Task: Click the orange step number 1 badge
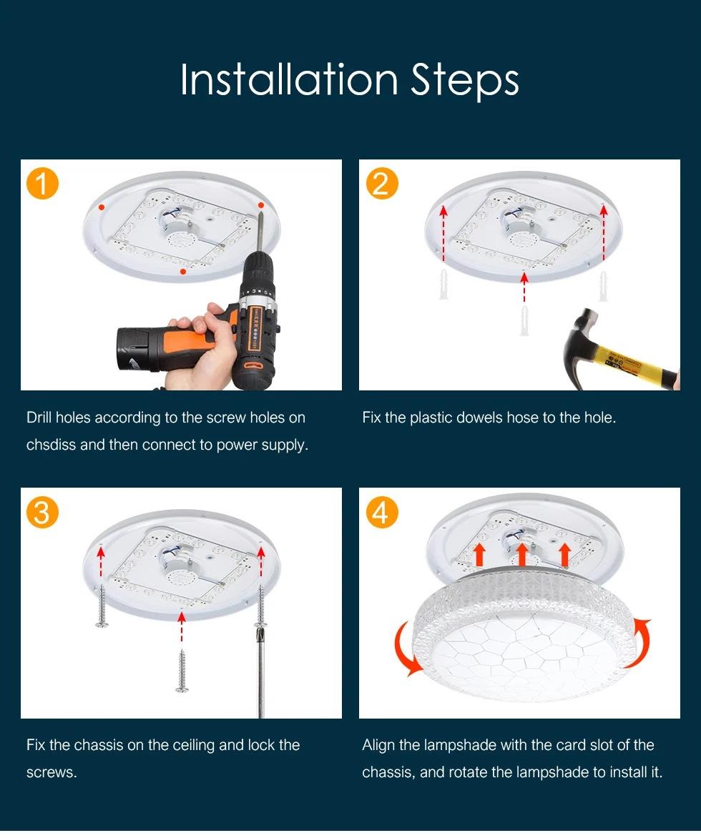42,183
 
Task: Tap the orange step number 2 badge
382,183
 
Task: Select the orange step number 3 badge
42,512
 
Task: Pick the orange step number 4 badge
382,512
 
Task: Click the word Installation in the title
289,79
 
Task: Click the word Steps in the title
465,81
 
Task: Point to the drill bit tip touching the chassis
261,213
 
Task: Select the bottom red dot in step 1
183,272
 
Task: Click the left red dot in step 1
102,207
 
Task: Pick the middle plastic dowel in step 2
524,320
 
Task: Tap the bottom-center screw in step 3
182,671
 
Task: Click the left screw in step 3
102,606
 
